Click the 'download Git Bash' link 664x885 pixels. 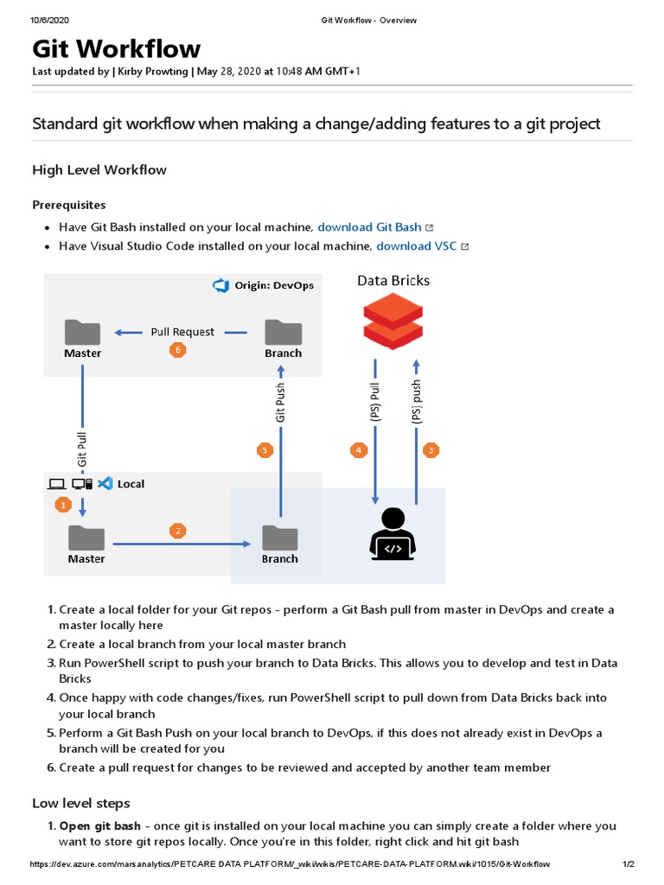369,227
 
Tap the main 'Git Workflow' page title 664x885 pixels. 117,48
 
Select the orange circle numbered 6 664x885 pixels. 178,350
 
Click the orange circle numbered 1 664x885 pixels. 61,504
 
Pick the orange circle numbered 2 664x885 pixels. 178,531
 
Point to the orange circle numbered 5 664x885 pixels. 265,449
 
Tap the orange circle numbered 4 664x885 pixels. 358,449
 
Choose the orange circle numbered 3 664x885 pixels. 431,449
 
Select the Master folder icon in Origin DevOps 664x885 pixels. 83,333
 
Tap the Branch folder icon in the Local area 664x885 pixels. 280,538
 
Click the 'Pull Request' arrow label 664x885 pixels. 182,332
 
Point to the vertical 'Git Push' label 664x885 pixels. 280,404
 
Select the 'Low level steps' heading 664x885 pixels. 81,803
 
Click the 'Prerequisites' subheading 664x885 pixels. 69,205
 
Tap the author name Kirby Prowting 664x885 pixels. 153,71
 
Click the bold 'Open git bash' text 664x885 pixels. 99,826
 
